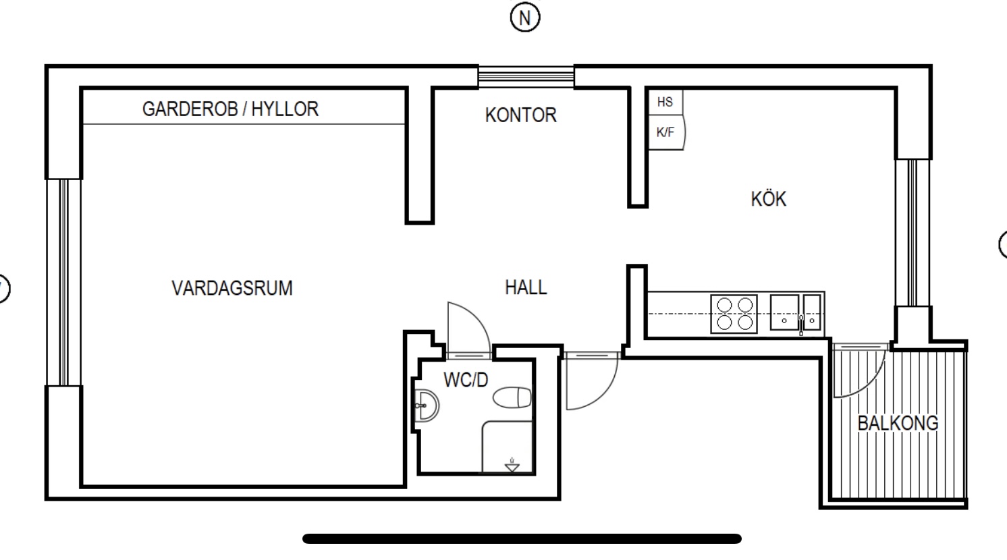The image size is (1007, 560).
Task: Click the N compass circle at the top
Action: [x=525, y=18]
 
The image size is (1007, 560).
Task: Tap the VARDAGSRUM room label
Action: [x=232, y=288]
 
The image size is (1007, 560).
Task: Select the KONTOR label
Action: [x=520, y=115]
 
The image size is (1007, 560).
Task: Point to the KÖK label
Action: [x=768, y=198]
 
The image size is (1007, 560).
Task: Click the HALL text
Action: [x=526, y=287]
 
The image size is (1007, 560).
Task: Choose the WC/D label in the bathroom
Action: [x=466, y=381]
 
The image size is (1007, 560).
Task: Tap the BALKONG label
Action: [x=898, y=423]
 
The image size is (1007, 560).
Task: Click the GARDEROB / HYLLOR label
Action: [x=230, y=109]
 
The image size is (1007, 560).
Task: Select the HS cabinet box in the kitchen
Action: [x=665, y=102]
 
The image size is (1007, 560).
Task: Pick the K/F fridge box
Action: [x=666, y=132]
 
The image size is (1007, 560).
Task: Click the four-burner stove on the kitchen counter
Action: [x=734, y=314]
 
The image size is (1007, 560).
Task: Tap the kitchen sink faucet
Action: [x=801, y=325]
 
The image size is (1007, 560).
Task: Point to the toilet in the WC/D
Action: [x=512, y=397]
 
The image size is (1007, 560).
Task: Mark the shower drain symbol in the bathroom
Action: [x=512, y=465]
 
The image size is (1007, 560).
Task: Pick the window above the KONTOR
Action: [x=526, y=76]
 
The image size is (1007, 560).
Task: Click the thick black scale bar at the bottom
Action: [x=522, y=538]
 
